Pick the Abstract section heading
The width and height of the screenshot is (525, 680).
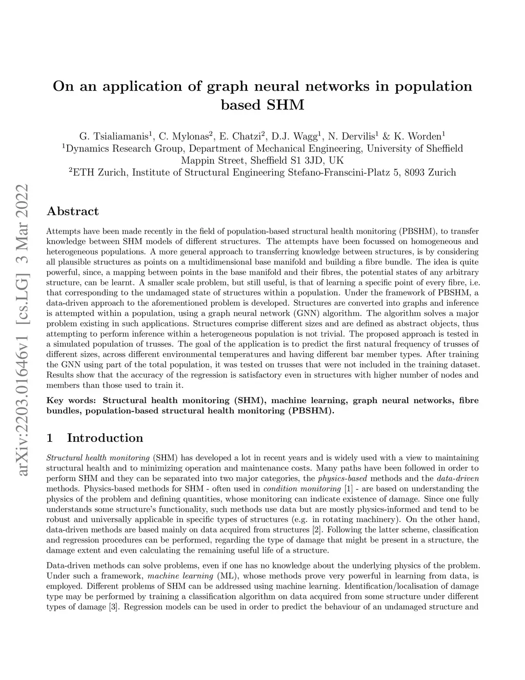72,211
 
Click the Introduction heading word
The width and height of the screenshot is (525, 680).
105,438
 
